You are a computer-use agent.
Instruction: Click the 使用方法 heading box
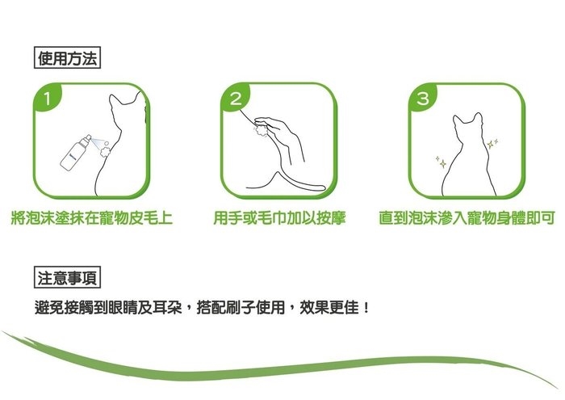(67, 57)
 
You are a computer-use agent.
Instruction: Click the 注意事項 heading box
(67, 277)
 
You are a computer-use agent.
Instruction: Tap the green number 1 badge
(47, 98)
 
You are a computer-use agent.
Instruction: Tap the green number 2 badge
(236, 98)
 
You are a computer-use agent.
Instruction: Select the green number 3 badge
(423, 98)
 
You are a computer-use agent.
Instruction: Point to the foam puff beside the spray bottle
(105, 149)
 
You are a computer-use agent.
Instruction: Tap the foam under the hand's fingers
(261, 130)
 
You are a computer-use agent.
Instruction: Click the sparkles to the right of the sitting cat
(492, 143)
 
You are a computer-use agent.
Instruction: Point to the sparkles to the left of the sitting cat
(441, 162)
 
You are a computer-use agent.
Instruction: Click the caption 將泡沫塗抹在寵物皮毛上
(92, 218)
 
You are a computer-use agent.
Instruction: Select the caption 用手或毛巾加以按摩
(279, 218)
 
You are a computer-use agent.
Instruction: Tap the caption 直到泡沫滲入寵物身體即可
(467, 218)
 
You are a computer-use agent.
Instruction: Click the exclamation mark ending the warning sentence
(366, 308)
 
